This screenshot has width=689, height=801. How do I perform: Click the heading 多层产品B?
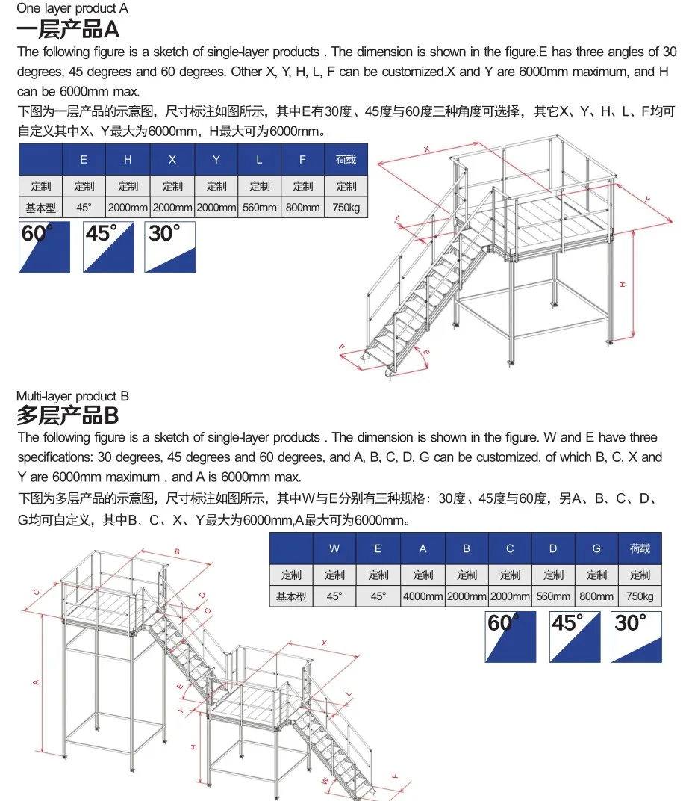(x=68, y=415)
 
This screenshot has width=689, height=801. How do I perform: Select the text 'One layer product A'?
(x=72, y=9)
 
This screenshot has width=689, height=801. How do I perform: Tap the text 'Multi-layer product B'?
(x=72, y=395)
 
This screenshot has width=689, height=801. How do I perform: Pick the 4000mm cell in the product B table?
(x=423, y=596)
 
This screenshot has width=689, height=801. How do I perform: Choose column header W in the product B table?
(x=334, y=548)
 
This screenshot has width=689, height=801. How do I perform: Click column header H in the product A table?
(x=128, y=159)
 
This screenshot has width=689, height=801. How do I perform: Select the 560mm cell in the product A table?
(x=260, y=208)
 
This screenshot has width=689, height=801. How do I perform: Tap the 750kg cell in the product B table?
(x=640, y=596)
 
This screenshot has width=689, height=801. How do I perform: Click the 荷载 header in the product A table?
(x=346, y=159)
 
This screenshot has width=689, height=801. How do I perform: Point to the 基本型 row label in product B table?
(x=291, y=596)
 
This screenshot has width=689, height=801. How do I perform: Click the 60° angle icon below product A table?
(x=44, y=247)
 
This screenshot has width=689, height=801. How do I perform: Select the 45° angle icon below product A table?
(x=109, y=247)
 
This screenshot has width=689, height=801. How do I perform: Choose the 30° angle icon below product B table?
(x=636, y=637)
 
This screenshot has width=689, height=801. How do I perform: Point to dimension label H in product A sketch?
(x=621, y=285)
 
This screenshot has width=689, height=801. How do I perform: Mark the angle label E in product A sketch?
(x=426, y=351)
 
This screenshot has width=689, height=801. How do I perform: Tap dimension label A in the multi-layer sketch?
(x=35, y=681)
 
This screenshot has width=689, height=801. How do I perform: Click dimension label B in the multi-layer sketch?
(x=177, y=552)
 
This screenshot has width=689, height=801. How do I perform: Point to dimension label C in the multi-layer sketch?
(x=36, y=591)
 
